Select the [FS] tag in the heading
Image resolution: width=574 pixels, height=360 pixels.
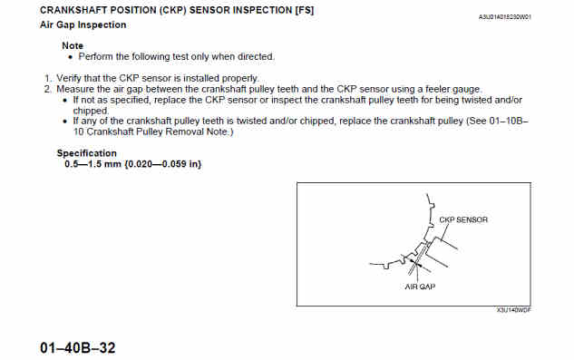[305, 10]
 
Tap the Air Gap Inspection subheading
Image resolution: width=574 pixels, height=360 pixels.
[83, 24]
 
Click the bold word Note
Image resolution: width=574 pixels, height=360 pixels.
[73, 45]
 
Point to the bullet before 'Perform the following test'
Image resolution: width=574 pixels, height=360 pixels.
[71, 57]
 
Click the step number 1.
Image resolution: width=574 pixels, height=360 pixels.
[48, 78]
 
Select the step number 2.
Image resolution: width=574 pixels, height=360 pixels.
[48, 90]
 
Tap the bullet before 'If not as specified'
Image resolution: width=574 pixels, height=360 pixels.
[65, 101]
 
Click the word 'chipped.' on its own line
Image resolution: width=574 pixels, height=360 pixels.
[91, 111]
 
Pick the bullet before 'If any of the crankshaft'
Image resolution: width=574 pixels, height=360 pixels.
[65, 122]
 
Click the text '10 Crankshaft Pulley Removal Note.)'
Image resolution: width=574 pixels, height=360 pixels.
[153, 131]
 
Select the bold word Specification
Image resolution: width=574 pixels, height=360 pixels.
[87, 153]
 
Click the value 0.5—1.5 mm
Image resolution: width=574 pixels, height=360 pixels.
[92, 164]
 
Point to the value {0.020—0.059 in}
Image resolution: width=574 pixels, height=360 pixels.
[163, 164]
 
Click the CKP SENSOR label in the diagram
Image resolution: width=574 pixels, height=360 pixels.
[463, 219]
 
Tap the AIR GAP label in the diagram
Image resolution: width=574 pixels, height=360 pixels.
[420, 287]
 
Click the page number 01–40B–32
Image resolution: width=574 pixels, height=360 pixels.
[78, 348]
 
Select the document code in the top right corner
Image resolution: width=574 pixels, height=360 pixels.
[505, 17]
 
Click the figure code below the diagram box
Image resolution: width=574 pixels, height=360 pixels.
[513, 310]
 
